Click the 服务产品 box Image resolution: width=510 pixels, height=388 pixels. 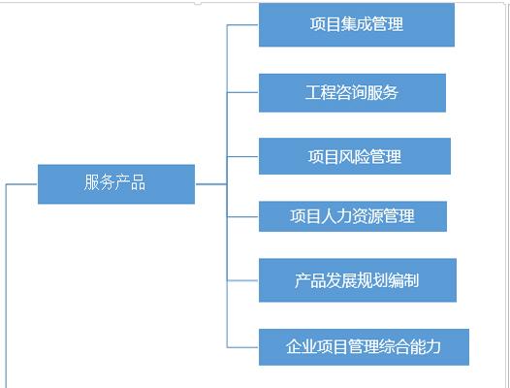pyautogui.click(x=116, y=184)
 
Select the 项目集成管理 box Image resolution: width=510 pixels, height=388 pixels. pyautogui.click(x=357, y=25)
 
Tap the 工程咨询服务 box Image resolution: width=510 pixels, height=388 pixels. pyautogui.click(x=352, y=93)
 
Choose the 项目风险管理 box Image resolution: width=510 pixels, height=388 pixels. pyautogui.click(x=355, y=156)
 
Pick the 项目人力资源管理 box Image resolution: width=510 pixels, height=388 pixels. pyautogui.click(x=353, y=216)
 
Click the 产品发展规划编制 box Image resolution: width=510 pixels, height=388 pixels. pyautogui.click(x=358, y=280)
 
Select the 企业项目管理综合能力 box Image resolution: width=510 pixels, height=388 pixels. pyautogui.click(x=364, y=347)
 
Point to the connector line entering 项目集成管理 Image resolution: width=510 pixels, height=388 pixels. pyautogui.click(x=242, y=25)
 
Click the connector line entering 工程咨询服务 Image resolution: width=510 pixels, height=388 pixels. pyautogui.click(x=242, y=92)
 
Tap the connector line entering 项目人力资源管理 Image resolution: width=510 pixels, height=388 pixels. pyautogui.click(x=242, y=216)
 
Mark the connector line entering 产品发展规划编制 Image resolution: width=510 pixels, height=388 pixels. pyautogui.click(x=242, y=280)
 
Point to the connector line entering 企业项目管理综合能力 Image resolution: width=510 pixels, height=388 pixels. pyautogui.click(x=242, y=347)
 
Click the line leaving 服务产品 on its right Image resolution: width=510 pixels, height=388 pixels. pyautogui.click(x=211, y=184)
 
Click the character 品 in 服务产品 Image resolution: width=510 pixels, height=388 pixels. pyautogui.click(x=138, y=182)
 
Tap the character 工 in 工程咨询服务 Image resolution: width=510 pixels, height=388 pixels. pyautogui.click(x=313, y=92)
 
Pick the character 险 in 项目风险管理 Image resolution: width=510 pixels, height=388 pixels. pyautogui.click(x=362, y=156)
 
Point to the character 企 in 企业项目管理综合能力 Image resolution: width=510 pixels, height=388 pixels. pyautogui.click(x=294, y=346)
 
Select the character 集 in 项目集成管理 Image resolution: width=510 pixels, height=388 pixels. pyautogui.click(x=349, y=24)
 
